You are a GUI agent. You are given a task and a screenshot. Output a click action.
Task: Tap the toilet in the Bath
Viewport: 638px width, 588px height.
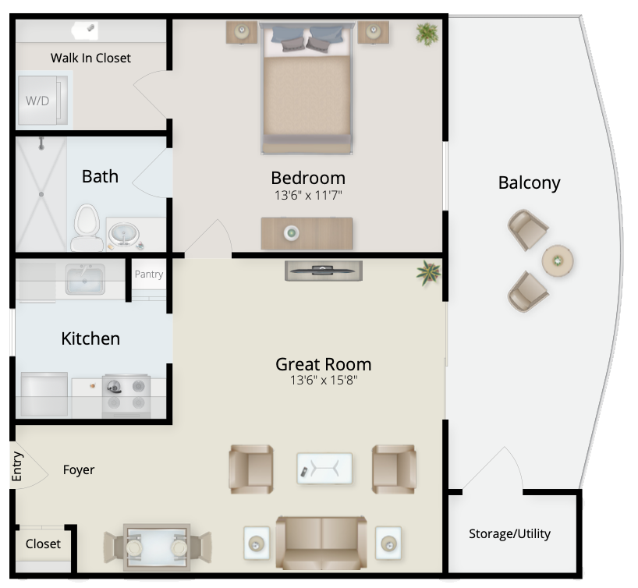click(x=87, y=228)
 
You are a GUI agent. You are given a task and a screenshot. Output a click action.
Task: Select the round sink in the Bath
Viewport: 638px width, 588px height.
click(x=123, y=235)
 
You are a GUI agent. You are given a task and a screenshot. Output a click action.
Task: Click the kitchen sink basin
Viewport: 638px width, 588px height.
click(x=85, y=279)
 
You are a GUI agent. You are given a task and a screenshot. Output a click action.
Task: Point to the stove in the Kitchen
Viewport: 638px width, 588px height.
click(x=126, y=395)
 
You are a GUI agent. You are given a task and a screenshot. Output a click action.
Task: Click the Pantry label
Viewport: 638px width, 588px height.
click(x=149, y=274)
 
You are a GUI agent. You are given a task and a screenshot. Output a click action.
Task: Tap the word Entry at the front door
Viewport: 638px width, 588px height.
click(x=16, y=466)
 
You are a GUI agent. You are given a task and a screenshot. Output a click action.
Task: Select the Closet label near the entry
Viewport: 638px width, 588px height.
click(x=43, y=544)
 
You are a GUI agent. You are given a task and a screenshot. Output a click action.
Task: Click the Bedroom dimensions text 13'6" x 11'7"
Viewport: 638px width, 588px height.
click(x=308, y=195)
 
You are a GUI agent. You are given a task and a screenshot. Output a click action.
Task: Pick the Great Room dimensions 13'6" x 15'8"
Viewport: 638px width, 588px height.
click(x=324, y=380)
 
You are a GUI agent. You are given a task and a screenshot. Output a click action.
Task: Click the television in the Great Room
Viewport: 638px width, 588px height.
click(x=324, y=271)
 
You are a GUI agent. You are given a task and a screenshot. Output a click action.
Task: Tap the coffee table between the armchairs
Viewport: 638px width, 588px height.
click(x=324, y=468)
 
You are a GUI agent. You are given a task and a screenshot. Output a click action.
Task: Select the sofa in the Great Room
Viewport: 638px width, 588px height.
click(x=321, y=543)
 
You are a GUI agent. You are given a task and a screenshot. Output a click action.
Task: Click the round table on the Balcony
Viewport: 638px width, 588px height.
click(x=558, y=260)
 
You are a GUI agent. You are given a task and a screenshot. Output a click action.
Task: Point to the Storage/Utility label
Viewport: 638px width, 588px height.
click(x=509, y=533)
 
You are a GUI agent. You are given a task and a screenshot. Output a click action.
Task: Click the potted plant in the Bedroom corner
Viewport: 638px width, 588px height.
click(x=427, y=34)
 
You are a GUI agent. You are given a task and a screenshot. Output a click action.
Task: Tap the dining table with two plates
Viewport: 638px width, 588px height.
click(x=157, y=547)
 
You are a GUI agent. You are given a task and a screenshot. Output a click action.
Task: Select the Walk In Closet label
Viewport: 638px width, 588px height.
click(x=90, y=58)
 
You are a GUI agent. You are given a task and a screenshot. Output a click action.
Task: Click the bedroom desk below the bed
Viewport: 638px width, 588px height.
click(x=307, y=234)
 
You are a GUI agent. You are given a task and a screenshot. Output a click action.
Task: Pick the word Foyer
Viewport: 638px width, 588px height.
click(x=79, y=470)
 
